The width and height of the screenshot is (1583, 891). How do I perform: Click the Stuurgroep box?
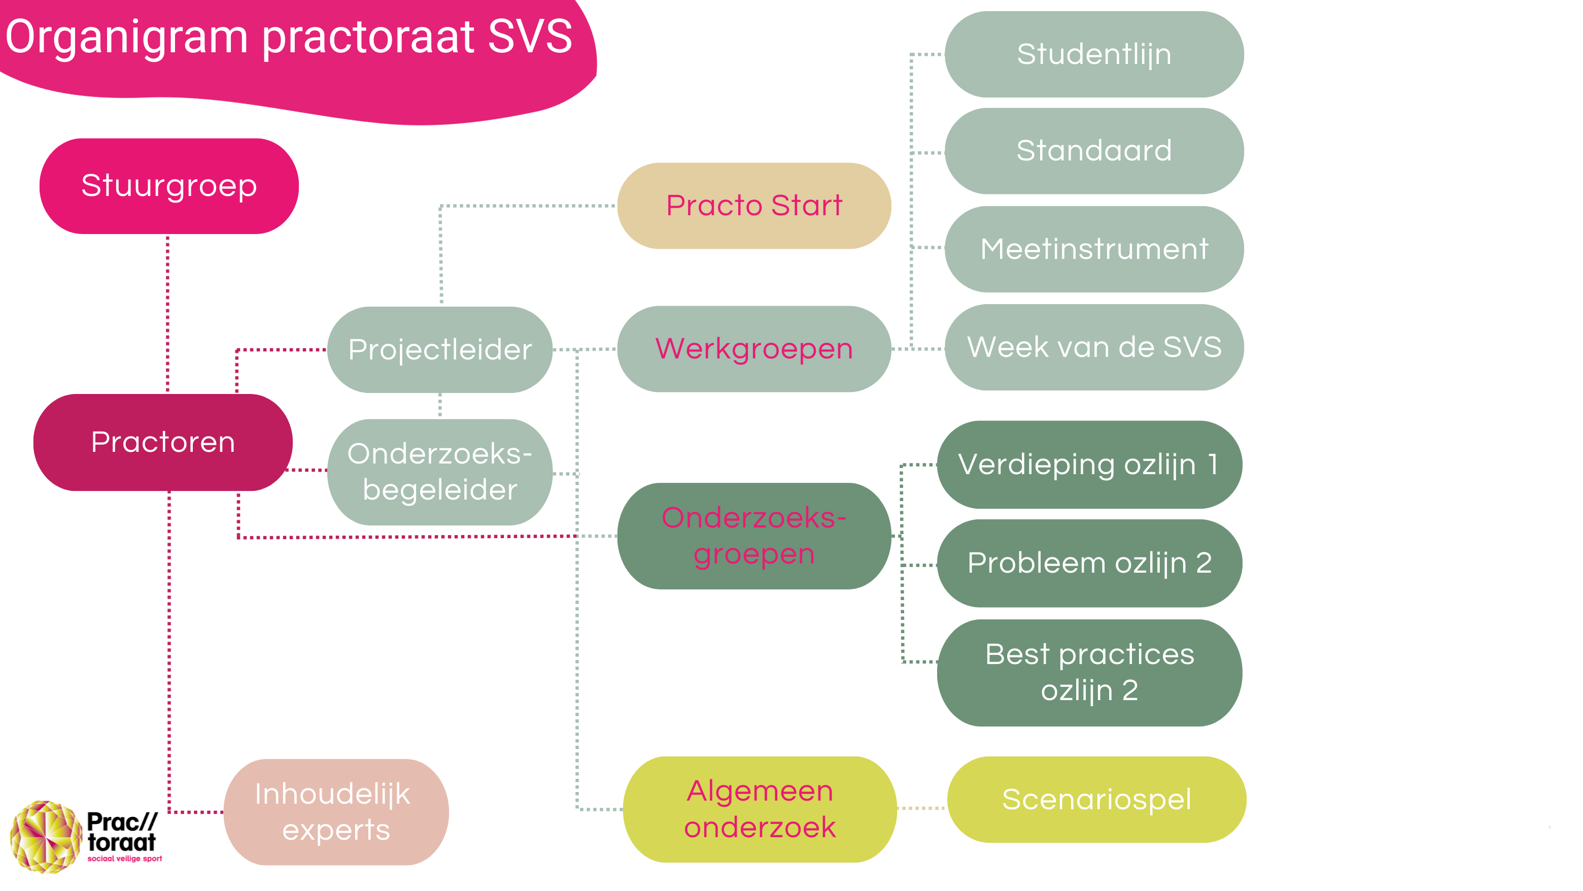pos(169,186)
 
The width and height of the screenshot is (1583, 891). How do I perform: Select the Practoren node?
pos(163,442)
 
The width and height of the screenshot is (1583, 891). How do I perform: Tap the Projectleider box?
pos(439,349)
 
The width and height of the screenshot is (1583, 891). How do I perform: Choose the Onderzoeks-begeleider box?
pos(439,472)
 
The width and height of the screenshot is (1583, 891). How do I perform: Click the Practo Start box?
pos(753,206)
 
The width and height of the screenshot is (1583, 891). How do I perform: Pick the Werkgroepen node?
pos(753,349)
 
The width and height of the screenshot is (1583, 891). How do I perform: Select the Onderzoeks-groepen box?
pos(753,536)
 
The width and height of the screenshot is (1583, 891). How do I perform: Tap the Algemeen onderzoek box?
pos(760,809)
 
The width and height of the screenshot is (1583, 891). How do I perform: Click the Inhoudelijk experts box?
pos(335,812)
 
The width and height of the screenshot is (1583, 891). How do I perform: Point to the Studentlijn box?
pos(1094,54)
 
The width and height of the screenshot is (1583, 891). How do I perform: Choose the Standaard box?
pos(1094,151)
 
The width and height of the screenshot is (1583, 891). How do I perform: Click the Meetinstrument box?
pos(1094,249)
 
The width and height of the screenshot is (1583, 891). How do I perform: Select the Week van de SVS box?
pos(1094,347)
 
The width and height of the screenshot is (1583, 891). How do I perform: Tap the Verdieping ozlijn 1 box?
pos(1089,464)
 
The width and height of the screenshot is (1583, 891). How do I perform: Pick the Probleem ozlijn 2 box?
pos(1089,563)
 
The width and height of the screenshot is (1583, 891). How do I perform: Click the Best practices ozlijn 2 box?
pos(1089,672)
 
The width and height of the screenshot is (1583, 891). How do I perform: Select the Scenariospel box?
pos(1096,800)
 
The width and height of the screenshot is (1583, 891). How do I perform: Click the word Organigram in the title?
pos(126,38)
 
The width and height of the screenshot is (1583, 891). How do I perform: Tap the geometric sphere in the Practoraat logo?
pos(46,836)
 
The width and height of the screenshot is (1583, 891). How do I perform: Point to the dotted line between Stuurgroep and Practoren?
pos(168,314)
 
